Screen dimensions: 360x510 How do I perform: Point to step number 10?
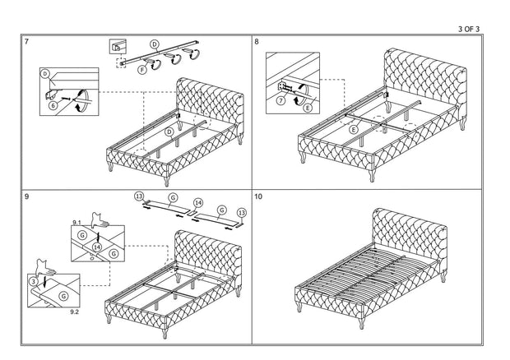259,198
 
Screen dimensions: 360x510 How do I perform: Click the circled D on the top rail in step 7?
155,43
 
